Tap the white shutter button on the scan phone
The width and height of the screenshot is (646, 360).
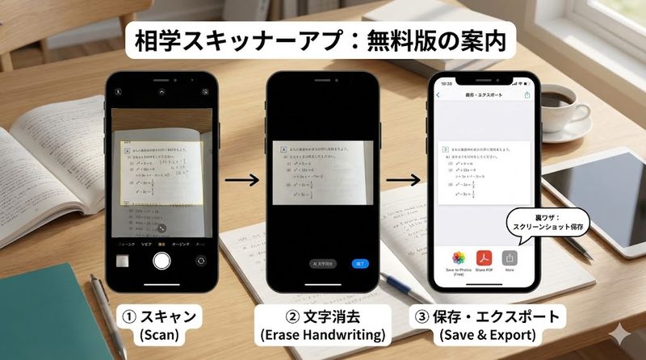tap(161, 261)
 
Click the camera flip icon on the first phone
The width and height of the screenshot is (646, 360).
tap(200, 261)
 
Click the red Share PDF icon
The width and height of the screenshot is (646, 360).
tap(484, 258)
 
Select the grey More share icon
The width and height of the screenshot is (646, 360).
tap(510, 258)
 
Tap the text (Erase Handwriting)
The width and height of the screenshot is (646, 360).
tap(322, 332)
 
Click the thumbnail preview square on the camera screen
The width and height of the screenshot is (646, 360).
tap(123, 261)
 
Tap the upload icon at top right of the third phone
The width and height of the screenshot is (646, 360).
tap(527, 95)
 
